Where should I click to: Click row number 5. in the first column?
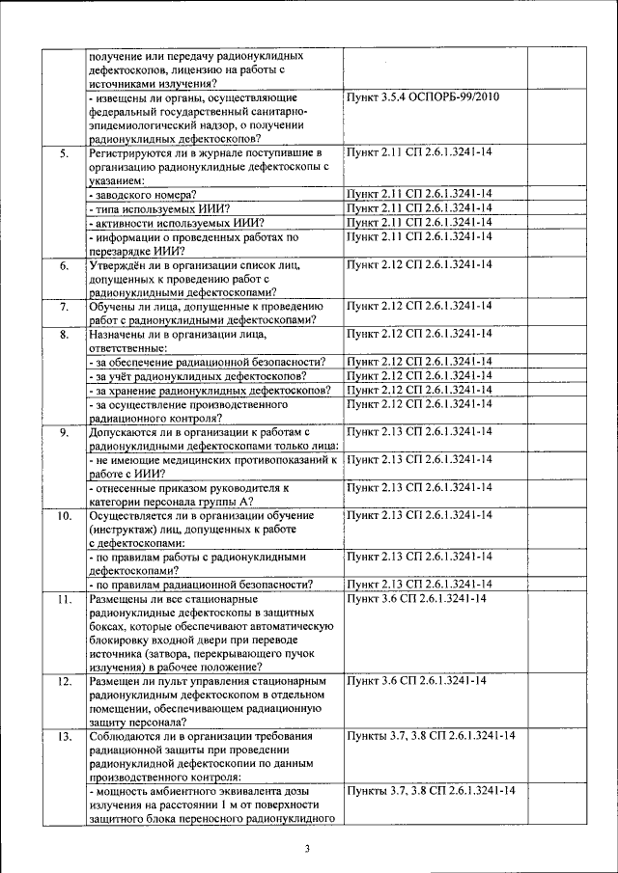[64, 153]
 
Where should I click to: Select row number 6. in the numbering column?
[64, 265]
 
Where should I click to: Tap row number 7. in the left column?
[64, 307]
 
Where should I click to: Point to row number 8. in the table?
[64, 335]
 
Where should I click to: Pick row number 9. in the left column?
[64, 432]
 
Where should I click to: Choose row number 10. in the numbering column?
[64, 516]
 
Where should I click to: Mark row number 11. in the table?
[64, 600]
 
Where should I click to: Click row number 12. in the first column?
[64, 682]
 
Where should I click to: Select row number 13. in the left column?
[64, 737]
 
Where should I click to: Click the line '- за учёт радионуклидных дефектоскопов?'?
[199, 376]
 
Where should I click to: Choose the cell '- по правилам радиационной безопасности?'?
[200, 586]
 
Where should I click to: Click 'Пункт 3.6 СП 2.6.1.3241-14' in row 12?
[416, 682]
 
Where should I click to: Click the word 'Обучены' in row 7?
[112, 307]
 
